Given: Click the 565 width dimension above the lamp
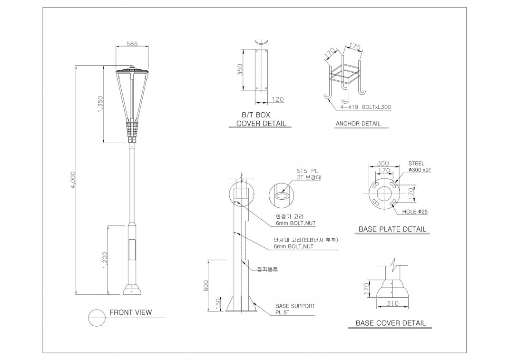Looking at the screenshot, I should click(132, 44).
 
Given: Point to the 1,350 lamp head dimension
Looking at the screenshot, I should click(100, 105).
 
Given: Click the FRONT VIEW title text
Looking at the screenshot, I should click(131, 312).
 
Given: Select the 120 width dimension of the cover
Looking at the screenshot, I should click(278, 100).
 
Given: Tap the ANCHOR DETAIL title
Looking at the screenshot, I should click(358, 124).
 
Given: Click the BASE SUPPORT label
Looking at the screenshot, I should click(295, 306).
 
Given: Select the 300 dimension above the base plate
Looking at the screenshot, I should click(383, 163).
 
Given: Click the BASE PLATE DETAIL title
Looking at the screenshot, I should click(392, 229).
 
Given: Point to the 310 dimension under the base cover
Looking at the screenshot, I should click(392, 303).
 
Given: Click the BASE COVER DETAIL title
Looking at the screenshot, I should click(391, 323).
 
